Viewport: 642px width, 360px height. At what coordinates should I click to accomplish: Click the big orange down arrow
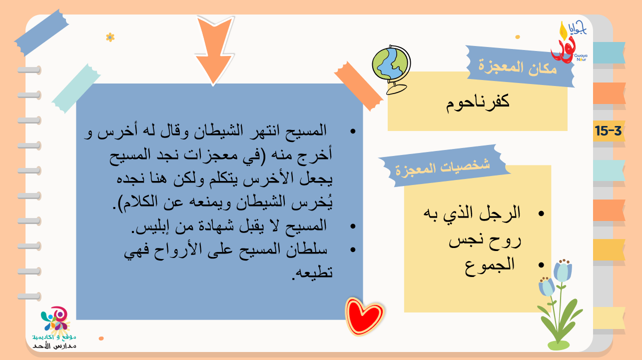point(214,49)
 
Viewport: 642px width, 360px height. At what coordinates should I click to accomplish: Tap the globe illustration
point(392,69)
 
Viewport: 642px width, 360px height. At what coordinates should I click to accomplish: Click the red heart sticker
point(364,316)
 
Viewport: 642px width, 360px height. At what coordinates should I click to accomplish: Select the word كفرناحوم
point(478,102)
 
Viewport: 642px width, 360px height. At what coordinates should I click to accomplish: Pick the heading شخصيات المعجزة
point(443,168)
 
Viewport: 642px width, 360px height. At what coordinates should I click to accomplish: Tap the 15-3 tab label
point(608,131)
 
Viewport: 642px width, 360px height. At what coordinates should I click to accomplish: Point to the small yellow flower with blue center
point(110,37)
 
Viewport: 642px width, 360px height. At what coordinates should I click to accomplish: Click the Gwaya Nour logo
point(569,42)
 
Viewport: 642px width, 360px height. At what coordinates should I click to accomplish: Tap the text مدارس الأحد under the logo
point(54,346)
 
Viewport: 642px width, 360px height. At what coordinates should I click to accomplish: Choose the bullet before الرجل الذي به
point(541,213)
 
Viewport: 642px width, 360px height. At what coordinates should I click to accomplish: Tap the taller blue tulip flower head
point(563,271)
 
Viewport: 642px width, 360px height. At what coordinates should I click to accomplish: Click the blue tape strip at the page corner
point(41,32)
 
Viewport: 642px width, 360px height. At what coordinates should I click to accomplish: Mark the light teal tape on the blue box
point(76,88)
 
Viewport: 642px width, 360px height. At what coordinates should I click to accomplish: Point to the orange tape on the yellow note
point(359,86)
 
